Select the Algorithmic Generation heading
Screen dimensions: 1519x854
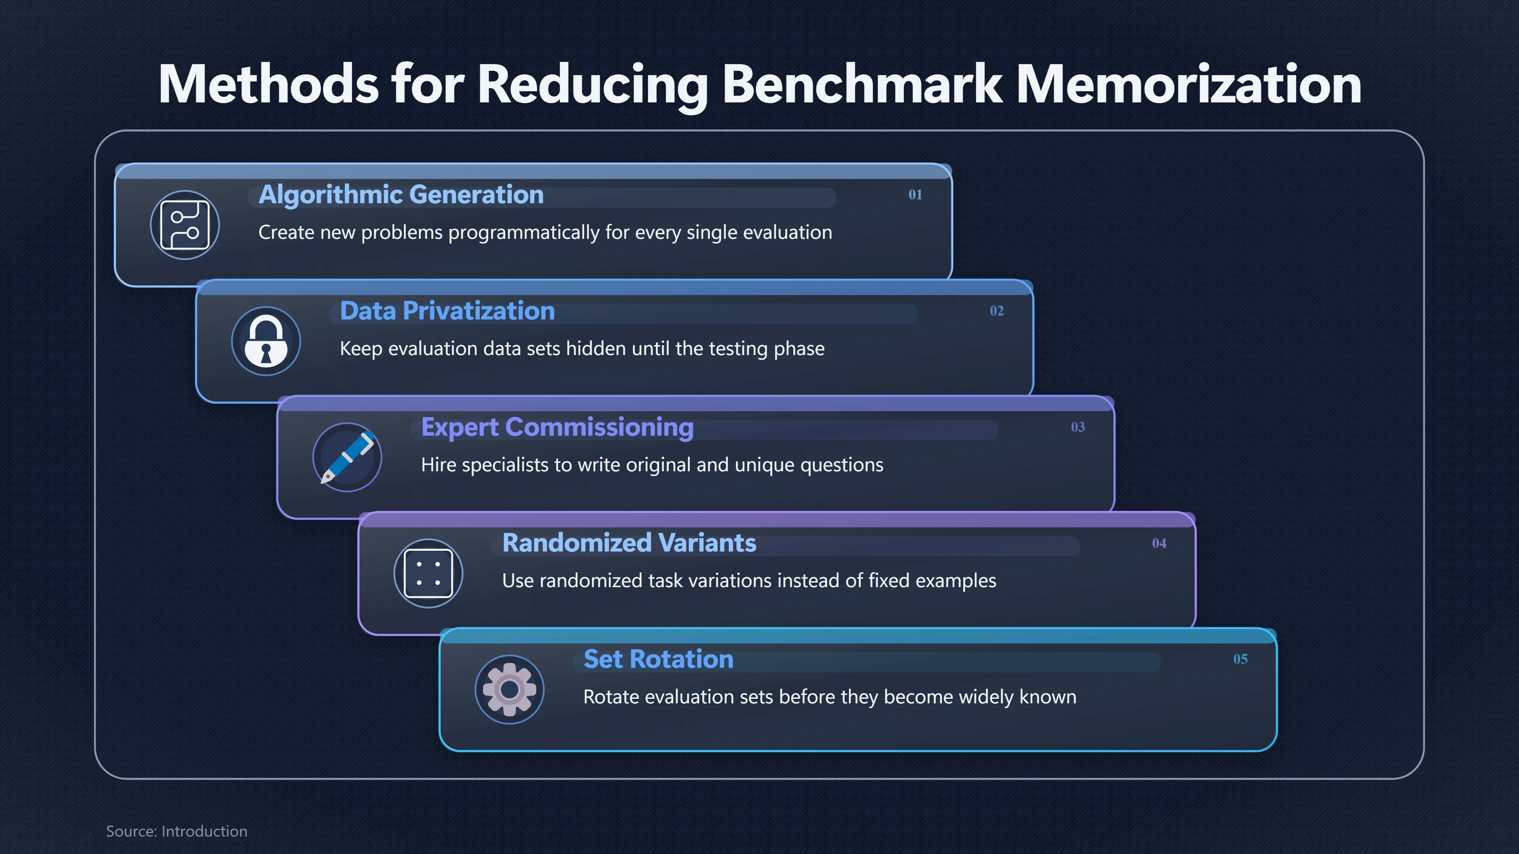click(401, 195)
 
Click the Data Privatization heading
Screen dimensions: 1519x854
click(447, 311)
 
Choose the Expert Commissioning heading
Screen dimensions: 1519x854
click(557, 427)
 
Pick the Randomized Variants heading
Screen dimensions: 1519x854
click(629, 543)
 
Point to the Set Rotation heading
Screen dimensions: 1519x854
click(658, 659)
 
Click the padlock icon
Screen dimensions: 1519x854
click(266, 341)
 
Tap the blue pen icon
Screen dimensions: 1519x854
click(347, 457)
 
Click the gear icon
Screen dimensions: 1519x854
click(509, 690)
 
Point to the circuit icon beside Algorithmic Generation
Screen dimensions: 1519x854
click(185, 225)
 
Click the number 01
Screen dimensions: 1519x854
click(915, 195)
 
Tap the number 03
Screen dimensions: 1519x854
click(1078, 427)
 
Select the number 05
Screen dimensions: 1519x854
click(1240, 659)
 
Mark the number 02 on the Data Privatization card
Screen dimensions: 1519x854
click(996, 311)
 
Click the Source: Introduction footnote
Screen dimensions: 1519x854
click(176, 831)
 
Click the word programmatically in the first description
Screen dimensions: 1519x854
click(524, 233)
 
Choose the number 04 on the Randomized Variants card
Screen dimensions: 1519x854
click(1159, 543)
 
